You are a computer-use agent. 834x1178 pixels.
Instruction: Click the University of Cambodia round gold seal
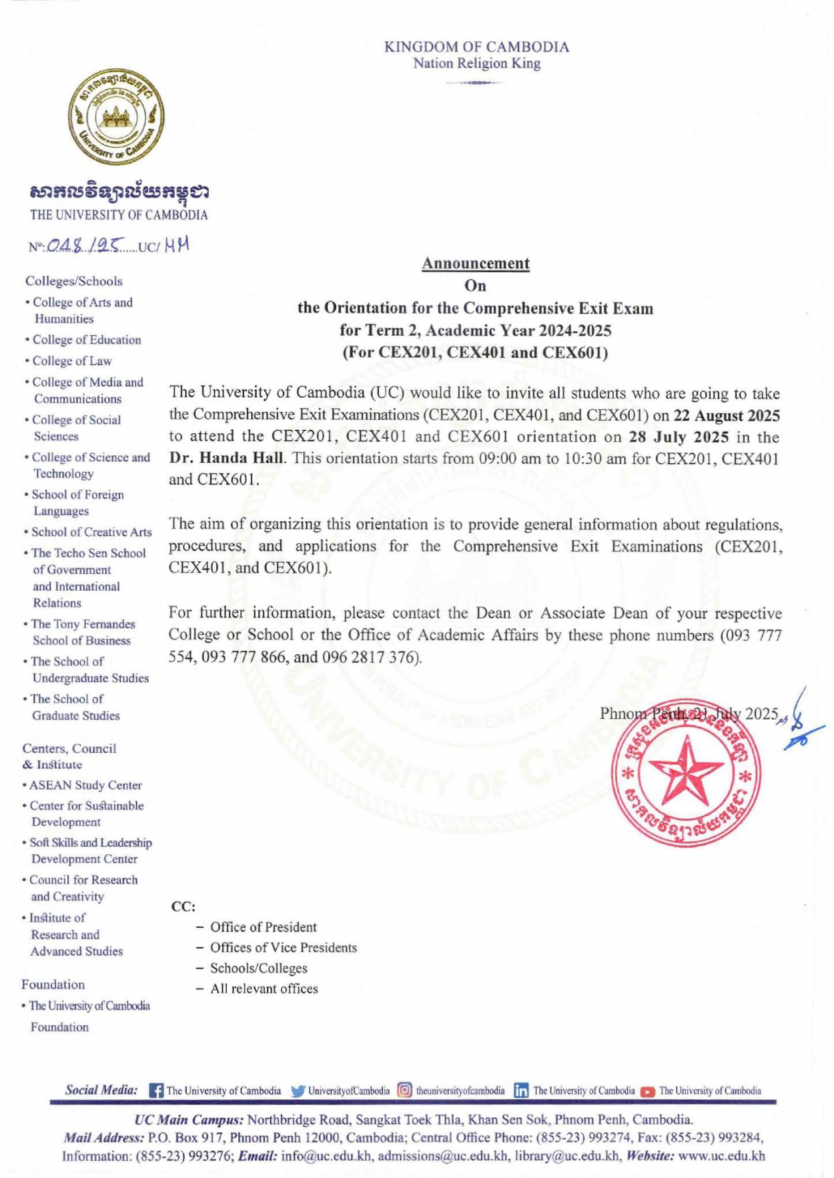[x=115, y=116]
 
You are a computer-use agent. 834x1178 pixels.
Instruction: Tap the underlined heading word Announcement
[x=475, y=263]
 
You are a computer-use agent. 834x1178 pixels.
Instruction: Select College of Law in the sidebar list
[x=72, y=361]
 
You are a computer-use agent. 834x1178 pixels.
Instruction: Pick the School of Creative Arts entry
[x=91, y=532]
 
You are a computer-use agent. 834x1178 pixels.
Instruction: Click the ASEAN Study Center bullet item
[x=85, y=785]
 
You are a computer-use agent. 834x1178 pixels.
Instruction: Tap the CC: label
[x=183, y=906]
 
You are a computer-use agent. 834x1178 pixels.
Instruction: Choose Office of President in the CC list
[x=264, y=927]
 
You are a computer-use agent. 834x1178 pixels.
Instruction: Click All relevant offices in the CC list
[x=264, y=988]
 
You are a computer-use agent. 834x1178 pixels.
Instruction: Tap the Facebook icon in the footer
[x=156, y=1091]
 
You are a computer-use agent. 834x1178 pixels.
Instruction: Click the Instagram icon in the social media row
[x=404, y=1091]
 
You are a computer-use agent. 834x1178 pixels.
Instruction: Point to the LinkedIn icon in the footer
[x=521, y=1091]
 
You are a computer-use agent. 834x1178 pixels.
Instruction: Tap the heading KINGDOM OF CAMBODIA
[x=476, y=47]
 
